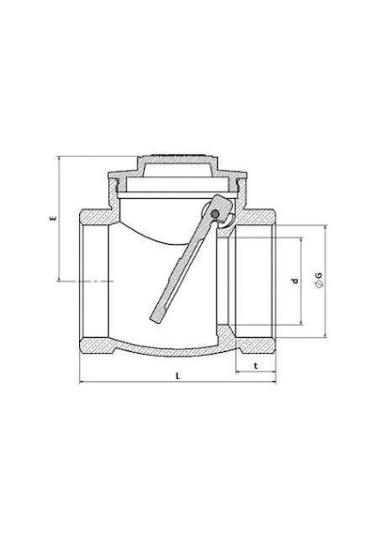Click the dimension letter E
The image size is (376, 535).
[53, 218]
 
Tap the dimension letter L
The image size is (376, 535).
[178, 376]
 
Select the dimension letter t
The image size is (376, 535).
[256, 366]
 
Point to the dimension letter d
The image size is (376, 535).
[295, 282]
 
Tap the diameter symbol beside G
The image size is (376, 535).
[319, 283]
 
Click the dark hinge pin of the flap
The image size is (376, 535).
[215, 214]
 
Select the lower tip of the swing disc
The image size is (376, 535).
[154, 321]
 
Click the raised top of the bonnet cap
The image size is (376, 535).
[178, 158]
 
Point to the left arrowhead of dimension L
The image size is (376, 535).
[81, 383]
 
